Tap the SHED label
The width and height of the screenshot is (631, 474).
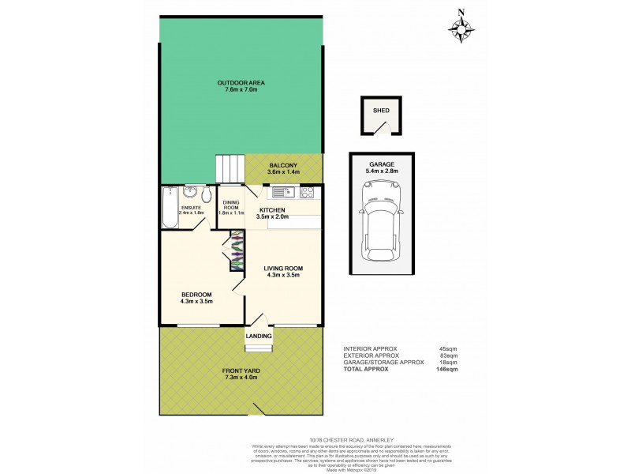[381, 111]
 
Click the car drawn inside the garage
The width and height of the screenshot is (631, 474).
[381, 223]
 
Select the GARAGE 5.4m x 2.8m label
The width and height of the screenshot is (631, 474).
[381, 167]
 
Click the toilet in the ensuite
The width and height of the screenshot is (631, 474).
[207, 195]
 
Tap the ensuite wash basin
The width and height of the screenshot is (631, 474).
[189, 193]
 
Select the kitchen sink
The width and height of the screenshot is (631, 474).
[282, 192]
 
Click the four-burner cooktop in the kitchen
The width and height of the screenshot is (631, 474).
[308, 192]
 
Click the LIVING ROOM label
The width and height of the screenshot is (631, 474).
[283, 269]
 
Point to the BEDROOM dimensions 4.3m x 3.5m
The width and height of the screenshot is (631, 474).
[197, 301]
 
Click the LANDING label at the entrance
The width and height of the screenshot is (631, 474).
[259, 337]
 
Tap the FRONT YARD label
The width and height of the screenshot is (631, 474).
[241, 371]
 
